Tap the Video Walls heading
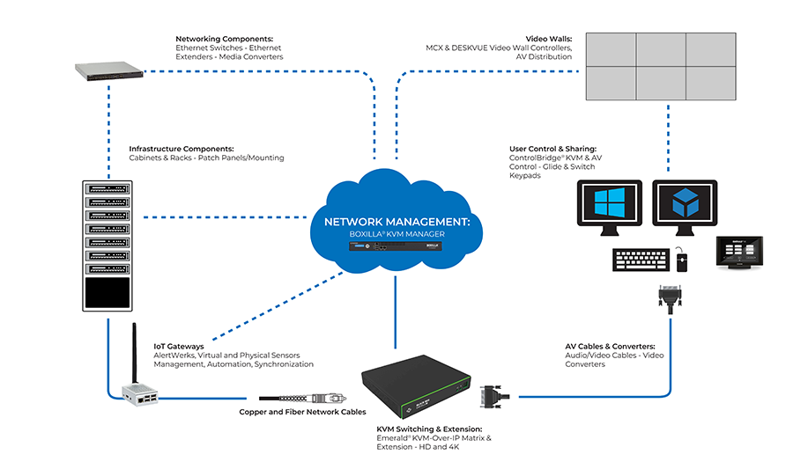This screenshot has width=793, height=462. pos(549,40)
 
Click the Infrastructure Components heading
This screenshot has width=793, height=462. pos(182,149)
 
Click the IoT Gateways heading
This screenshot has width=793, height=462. pos(179,347)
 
